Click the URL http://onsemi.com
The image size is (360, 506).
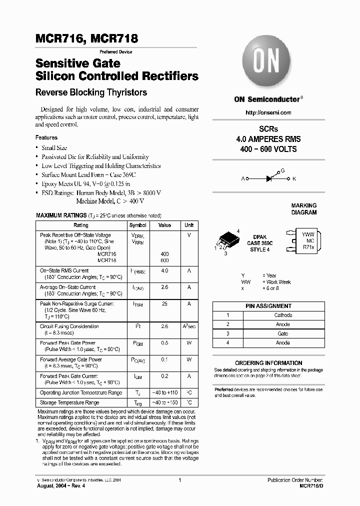click(268, 112)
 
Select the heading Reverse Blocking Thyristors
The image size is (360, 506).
click(91, 92)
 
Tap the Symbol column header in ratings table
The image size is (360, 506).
click(138, 225)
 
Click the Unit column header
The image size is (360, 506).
click(189, 225)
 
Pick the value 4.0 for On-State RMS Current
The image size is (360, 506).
click(164, 271)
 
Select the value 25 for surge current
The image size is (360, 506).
click(164, 304)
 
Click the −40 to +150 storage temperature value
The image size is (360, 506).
click(164, 402)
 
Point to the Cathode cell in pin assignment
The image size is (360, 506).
click(283, 315)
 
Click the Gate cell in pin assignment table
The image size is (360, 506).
click(283, 333)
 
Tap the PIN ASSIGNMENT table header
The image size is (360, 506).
click(268, 306)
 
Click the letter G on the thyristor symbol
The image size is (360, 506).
click(283, 170)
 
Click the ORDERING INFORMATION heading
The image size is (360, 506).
click(268, 363)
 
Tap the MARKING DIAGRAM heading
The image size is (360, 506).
click(304, 209)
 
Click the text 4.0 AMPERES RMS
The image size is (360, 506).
click(268, 139)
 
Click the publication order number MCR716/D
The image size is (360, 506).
click(310, 485)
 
